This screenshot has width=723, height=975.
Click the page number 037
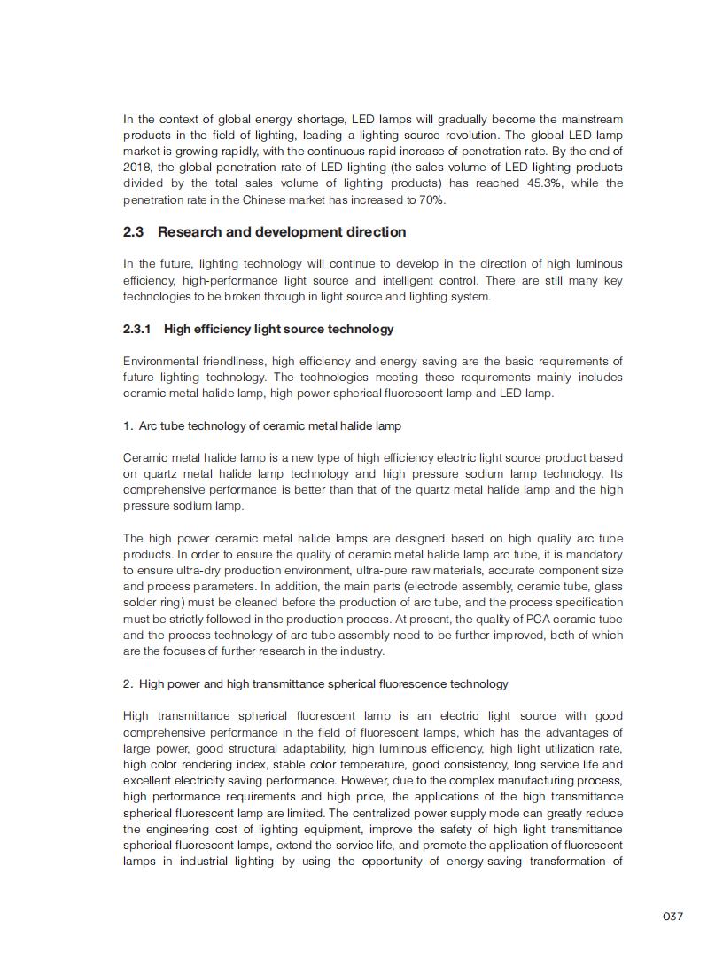click(672, 916)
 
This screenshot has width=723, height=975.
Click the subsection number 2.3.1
click(137, 330)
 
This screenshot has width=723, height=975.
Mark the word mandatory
click(593, 555)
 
